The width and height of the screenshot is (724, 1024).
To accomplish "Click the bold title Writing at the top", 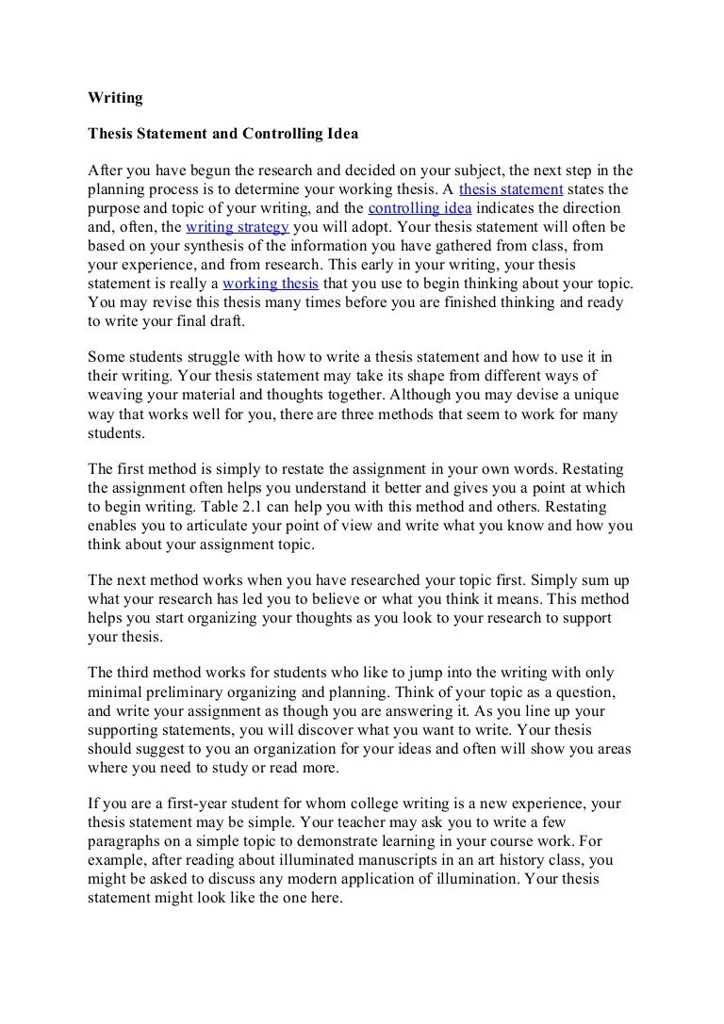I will (114, 97).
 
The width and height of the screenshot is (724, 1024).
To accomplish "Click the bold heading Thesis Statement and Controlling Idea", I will (222, 134).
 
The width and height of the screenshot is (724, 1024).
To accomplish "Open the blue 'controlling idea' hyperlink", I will (420, 208).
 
